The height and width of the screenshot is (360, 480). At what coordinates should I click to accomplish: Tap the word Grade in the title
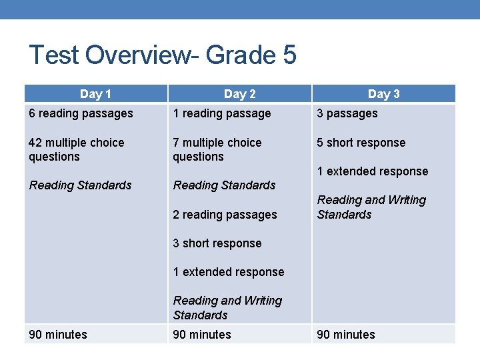pyautogui.click(x=241, y=55)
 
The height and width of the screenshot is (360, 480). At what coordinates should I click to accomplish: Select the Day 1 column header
pyautogui.click(x=95, y=94)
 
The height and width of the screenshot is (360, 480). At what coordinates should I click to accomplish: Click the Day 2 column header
pyautogui.click(x=239, y=94)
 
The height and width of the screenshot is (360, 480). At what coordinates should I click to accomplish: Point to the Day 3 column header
pyautogui.click(x=383, y=94)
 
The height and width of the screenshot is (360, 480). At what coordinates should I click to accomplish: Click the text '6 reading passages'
pyautogui.click(x=81, y=113)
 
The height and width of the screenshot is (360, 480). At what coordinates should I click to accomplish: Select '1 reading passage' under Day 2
pyautogui.click(x=221, y=113)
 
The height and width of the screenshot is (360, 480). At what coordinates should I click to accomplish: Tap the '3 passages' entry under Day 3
pyautogui.click(x=347, y=113)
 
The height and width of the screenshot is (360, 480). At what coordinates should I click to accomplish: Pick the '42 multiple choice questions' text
pyautogui.click(x=76, y=149)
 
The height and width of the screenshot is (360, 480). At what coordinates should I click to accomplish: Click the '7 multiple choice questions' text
pyautogui.click(x=217, y=149)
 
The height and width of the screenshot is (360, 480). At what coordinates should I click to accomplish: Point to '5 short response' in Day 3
pyautogui.click(x=361, y=143)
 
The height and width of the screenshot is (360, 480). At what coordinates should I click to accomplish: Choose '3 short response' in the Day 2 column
pyautogui.click(x=217, y=243)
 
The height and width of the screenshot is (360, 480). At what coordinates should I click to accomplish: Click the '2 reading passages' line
pyautogui.click(x=225, y=215)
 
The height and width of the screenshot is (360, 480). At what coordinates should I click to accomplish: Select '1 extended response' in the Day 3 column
pyautogui.click(x=372, y=171)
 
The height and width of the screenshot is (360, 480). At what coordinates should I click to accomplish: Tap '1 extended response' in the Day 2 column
pyautogui.click(x=228, y=272)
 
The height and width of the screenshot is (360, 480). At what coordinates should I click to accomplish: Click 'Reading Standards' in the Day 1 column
pyautogui.click(x=80, y=185)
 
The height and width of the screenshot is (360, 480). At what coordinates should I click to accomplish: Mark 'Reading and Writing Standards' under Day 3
pyautogui.click(x=371, y=207)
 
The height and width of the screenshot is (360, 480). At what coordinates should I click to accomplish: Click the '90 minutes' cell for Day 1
pyautogui.click(x=57, y=335)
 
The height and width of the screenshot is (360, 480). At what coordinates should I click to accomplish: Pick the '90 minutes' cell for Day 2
pyautogui.click(x=201, y=335)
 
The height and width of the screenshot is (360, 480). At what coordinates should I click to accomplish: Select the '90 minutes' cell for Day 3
pyautogui.click(x=345, y=335)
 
